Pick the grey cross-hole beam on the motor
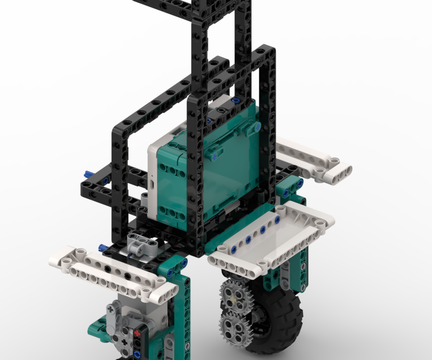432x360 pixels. tap(114, 317)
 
